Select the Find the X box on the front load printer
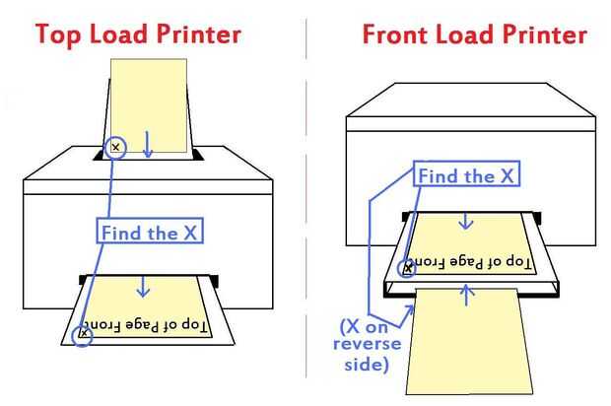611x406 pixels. click(466, 176)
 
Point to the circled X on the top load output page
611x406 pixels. click(84, 334)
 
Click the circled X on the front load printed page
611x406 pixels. click(406, 266)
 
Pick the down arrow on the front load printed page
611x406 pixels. click(467, 223)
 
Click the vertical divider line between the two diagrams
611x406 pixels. click(306, 197)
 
